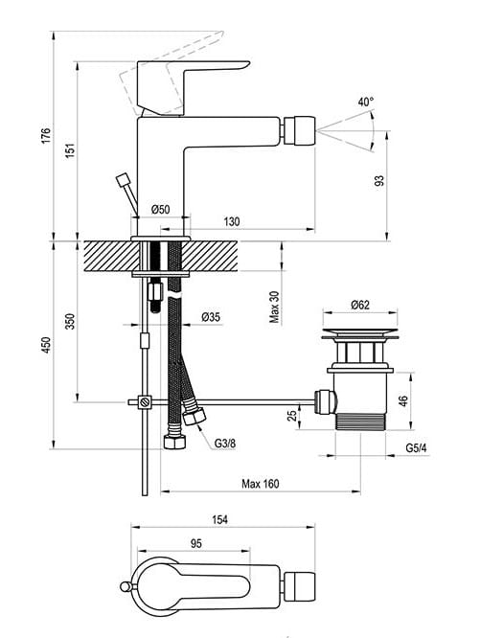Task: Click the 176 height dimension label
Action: (x=46, y=135)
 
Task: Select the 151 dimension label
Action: (x=70, y=150)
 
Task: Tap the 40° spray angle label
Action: (x=366, y=102)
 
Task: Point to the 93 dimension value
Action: (x=378, y=181)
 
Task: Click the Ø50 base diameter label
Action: (x=160, y=210)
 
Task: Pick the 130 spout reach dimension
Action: (x=232, y=221)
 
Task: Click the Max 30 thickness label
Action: (x=275, y=308)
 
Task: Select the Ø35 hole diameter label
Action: (x=211, y=317)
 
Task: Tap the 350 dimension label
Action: (x=70, y=321)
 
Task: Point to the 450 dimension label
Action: (x=46, y=345)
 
